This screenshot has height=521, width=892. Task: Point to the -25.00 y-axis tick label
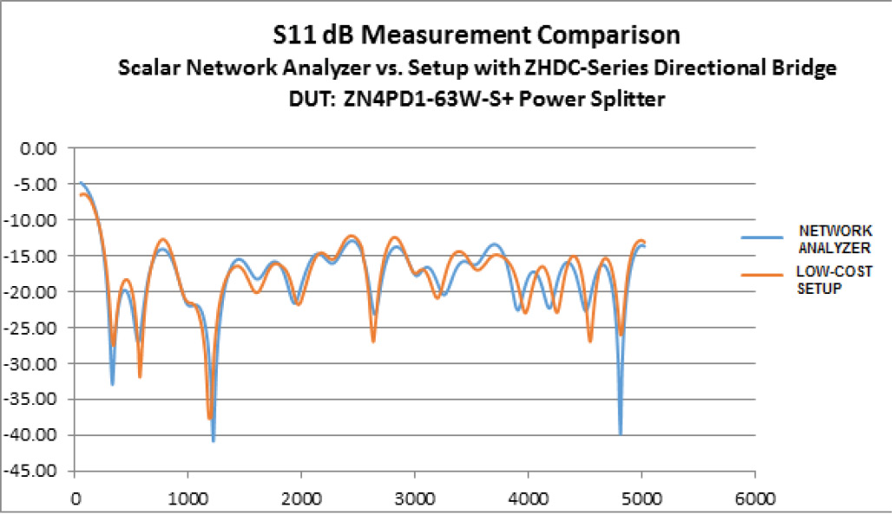[37, 328]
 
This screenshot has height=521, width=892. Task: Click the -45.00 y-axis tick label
[37, 472]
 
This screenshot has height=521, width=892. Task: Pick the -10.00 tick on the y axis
[37, 220]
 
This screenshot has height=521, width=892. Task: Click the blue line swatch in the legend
[761, 237]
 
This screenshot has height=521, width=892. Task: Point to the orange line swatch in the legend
[761, 275]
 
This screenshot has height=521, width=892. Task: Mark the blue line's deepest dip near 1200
[213, 440]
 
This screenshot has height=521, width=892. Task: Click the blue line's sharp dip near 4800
[620, 433]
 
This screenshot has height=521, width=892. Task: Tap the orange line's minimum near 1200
[209, 419]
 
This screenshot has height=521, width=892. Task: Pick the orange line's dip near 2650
[373, 342]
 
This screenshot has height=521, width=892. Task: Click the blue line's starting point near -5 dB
[81, 183]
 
